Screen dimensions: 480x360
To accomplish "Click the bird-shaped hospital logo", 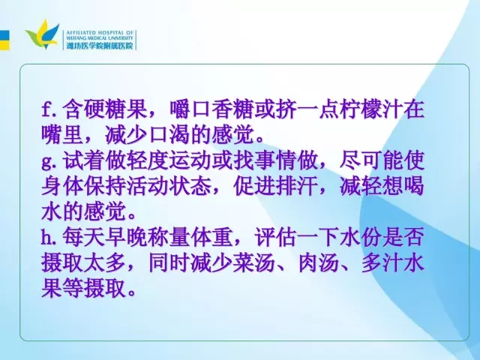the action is pos(42,34).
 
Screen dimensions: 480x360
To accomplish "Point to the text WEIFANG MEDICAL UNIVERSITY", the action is pos(100,38).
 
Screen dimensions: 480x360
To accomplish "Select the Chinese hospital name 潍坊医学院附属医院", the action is pos(100,46).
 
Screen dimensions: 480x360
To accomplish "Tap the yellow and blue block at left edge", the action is pos(4,40).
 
